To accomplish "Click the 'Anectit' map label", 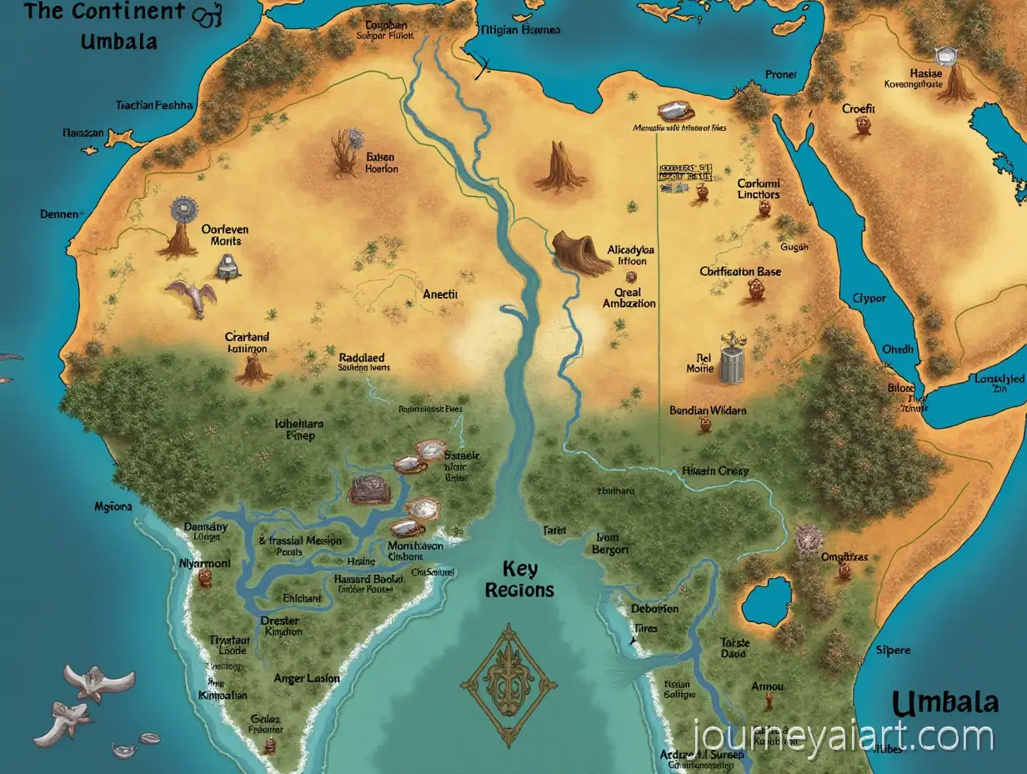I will pos(440,294).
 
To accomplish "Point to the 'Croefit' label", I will pos(859,108).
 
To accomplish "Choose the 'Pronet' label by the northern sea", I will pos(780,74).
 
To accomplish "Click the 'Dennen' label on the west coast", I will pos(59,214).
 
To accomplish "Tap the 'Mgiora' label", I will pos(113,505).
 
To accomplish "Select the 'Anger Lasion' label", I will pos(307,678).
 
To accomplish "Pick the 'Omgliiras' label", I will pos(844,556).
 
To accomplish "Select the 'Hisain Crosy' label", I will pos(715,470).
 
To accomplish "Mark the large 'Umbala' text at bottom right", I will pos(944,702).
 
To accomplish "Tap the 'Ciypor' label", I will pos(869,297).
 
